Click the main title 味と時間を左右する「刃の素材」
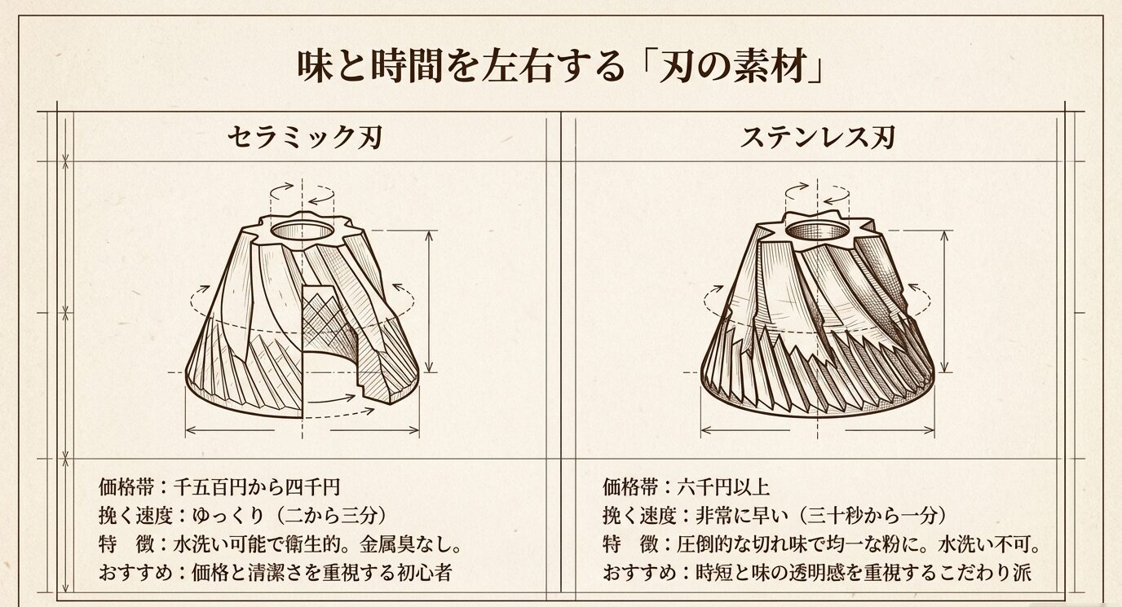click(x=561, y=66)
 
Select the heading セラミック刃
click(x=304, y=137)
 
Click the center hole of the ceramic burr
click(x=303, y=231)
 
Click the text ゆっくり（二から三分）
click(x=289, y=515)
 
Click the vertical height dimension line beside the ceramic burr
click(x=430, y=301)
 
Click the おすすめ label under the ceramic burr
click(x=131, y=571)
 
